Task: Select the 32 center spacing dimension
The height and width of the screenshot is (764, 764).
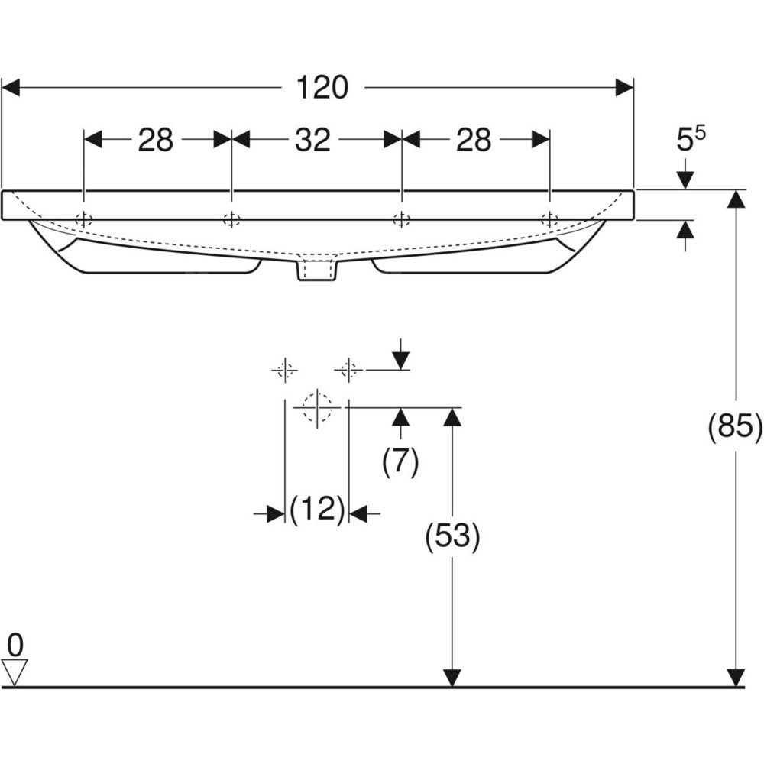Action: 313,140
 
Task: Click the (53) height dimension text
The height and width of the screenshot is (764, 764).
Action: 453,538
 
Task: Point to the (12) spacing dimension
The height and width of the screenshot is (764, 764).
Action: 316,509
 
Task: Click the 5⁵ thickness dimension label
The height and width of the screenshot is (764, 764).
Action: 691,140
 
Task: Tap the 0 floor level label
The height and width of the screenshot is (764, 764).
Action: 15,645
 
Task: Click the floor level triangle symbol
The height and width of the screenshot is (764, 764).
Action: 15,672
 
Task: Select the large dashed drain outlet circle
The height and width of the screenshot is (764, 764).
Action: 316,406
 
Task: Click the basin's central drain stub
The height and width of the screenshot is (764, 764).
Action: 316,271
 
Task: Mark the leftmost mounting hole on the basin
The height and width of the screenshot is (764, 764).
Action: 83,220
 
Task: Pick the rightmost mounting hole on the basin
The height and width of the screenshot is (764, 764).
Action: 549,220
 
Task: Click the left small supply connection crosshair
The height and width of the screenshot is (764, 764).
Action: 284,371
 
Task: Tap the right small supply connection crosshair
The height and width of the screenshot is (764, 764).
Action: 348,371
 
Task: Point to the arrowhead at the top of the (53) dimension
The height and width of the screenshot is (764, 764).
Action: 452,417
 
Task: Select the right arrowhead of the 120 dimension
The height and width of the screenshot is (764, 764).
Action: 625,88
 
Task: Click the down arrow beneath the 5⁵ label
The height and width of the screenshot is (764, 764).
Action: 685,179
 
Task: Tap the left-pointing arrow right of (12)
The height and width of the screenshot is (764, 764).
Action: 360,514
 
